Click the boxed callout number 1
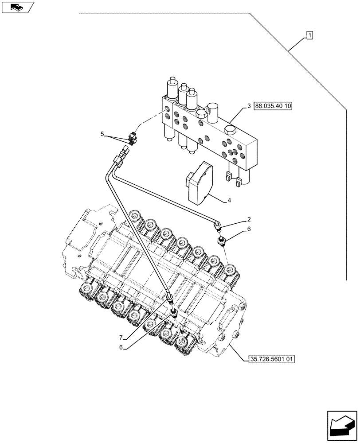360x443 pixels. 309,35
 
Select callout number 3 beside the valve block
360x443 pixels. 250,106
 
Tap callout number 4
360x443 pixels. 229,201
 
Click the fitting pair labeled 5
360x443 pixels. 133,138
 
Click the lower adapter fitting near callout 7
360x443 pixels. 173,314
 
